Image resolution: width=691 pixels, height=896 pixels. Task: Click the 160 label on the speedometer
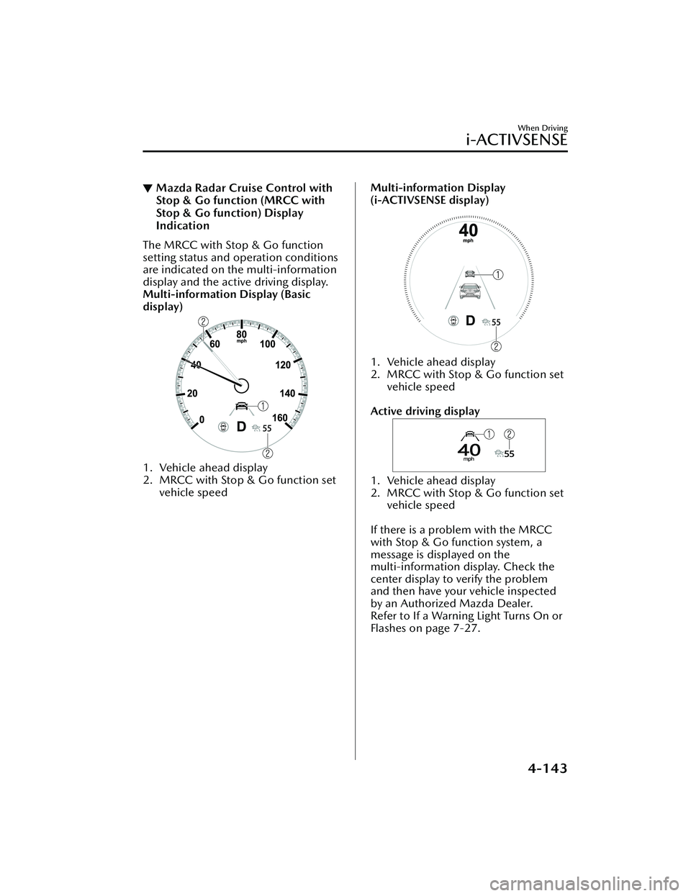click(281, 417)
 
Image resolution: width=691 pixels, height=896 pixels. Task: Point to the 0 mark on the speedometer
click(202, 418)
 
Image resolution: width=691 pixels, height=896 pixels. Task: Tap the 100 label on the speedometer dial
click(268, 345)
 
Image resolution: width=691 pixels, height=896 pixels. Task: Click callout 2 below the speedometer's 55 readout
click(268, 453)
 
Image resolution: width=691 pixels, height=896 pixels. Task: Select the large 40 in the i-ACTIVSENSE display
click(468, 232)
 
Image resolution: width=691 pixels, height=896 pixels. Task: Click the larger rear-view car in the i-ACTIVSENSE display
click(469, 292)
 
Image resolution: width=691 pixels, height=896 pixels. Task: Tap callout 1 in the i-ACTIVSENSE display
click(497, 274)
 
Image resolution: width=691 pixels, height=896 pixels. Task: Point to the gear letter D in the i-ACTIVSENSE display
click(469, 320)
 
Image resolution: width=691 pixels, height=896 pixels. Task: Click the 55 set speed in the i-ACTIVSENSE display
click(496, 322)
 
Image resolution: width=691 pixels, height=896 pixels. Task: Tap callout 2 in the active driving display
click(510, 433)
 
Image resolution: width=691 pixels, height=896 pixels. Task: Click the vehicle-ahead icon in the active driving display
click(469, 434)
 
